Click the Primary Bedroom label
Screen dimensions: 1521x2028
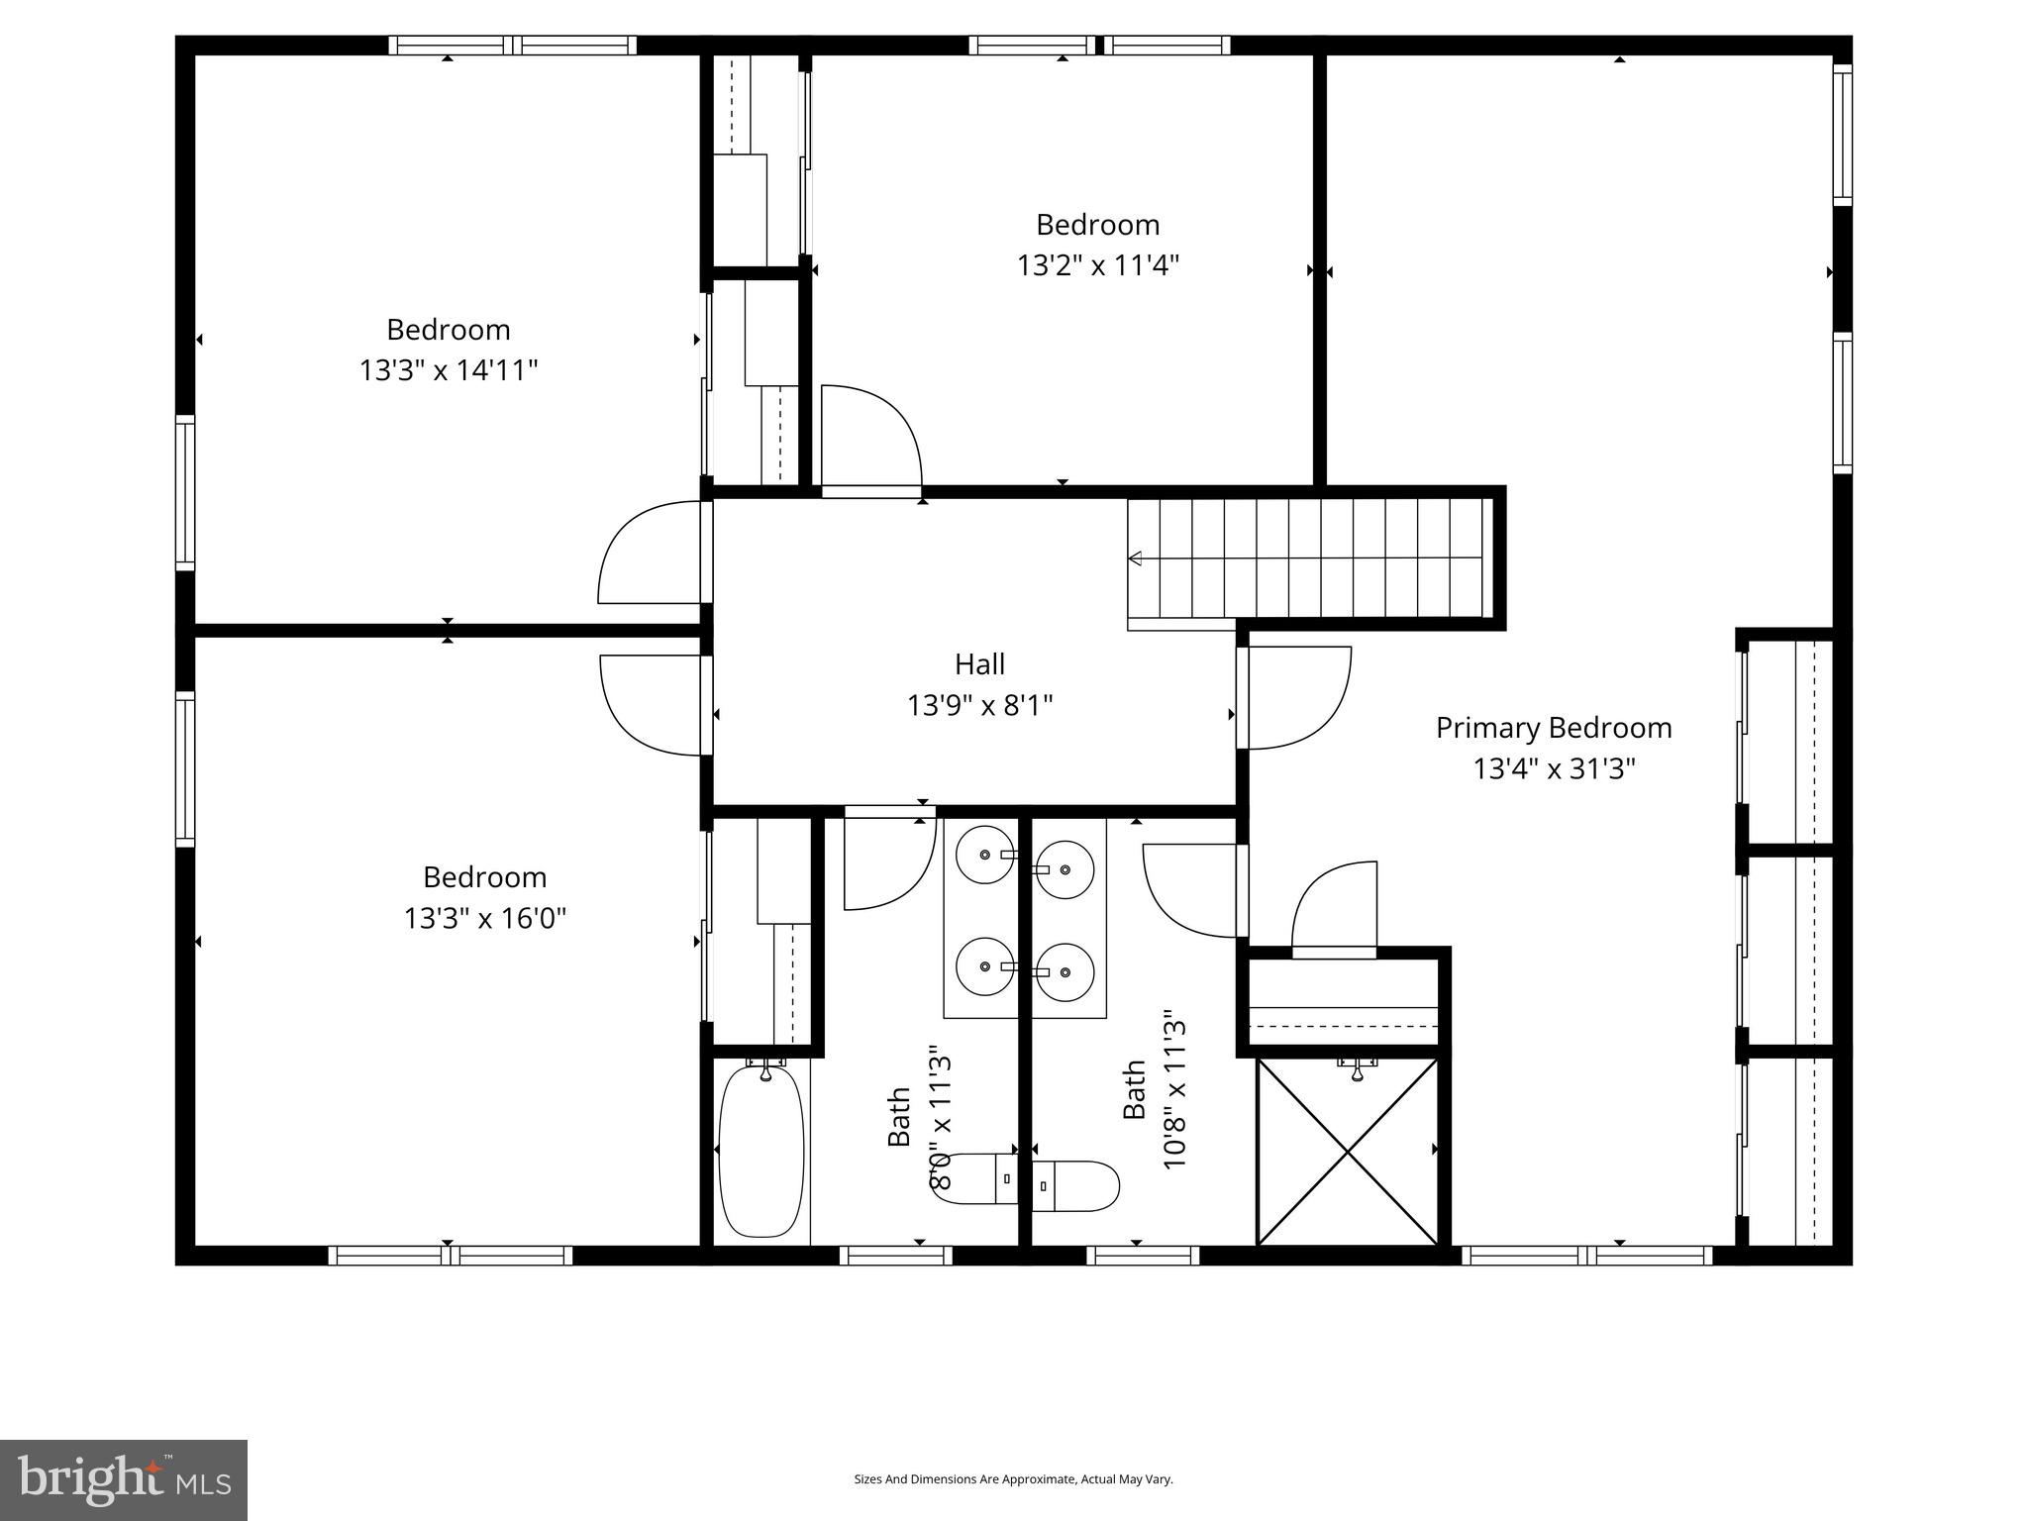[x=1553, y=728]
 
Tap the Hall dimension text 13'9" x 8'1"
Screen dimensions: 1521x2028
[x=979, y=705]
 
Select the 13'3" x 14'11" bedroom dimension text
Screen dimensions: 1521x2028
[x=448, y=370]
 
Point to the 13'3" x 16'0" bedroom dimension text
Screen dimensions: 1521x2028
[x=484, y=918]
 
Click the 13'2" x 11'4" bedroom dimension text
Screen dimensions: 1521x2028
[x=1097, y=265]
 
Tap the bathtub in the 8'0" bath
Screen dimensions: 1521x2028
[x=760, y=1149]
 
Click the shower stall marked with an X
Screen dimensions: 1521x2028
[x=1347, y=1152]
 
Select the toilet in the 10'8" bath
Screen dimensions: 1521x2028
[x=1075, y=1185]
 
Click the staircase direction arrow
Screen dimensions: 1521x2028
[x=1136, y=558]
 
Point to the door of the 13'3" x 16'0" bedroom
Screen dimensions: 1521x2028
[x=654, y=705]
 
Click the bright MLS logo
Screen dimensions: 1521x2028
[x=123, y=1479]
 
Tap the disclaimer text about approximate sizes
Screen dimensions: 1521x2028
[x=1013, y=1479]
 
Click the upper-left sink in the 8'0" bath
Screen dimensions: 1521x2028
[x=984, y=854]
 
